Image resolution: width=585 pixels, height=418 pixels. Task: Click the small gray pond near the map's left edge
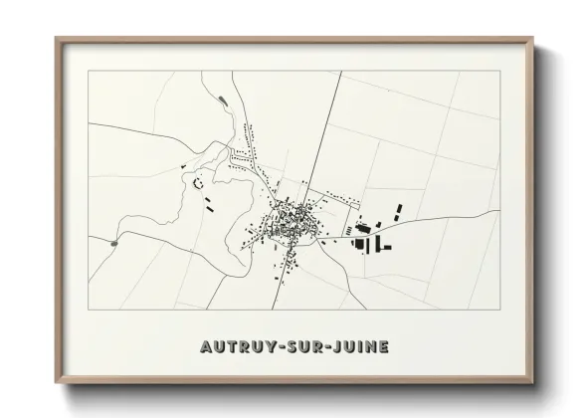(x=115, y=242)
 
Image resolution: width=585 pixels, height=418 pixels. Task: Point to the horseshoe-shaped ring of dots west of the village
(x=197, y=182)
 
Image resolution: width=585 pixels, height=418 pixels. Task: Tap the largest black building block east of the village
(x=361, y=243)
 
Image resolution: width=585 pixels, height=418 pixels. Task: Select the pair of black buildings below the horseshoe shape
(x=211, y=205)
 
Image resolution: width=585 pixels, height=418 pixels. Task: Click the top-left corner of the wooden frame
(x=57, y=38)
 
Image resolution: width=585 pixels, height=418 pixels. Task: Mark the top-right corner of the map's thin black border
(x=496, y=72)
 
